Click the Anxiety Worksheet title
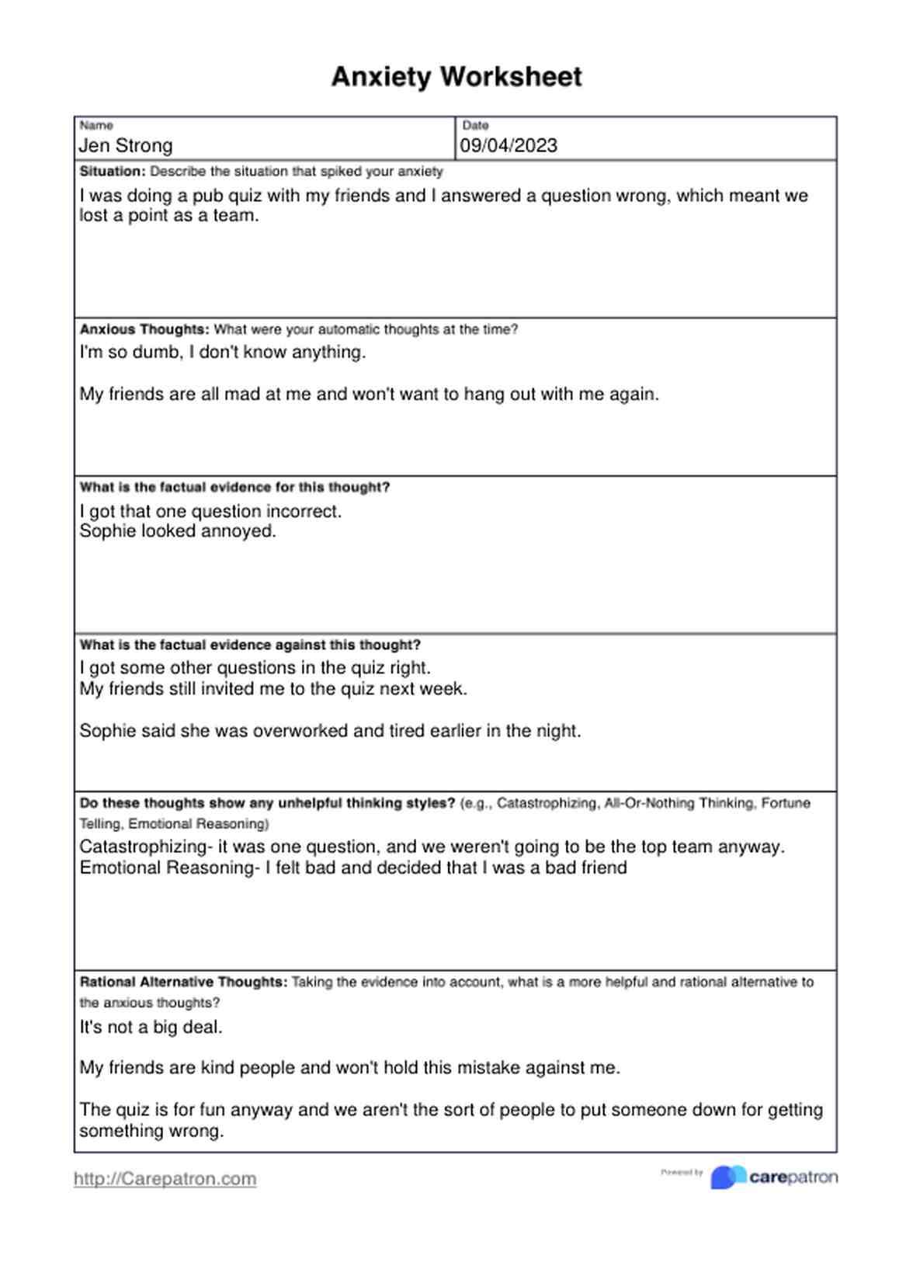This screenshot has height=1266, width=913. (x=456, y=77)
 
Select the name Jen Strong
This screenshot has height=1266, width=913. (x=126, y=146)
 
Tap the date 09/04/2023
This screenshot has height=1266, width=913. (x=509, y=146)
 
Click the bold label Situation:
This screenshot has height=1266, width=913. (x=113, y=172)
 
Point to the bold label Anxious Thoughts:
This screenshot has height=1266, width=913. (x=144, y=329)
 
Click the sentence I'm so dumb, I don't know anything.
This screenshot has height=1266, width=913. (x=223, y=353)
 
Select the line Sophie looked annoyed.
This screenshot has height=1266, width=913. (x=178, y=531)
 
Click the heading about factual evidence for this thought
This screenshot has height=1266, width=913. (x=234, y=488)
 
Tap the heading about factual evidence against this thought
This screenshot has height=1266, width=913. (x=250, y=645)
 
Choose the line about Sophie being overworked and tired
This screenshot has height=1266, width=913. (x=330, y=731)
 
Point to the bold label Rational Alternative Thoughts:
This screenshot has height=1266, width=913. (x=183, y=983)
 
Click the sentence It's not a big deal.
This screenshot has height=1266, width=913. (x=151, y=1028)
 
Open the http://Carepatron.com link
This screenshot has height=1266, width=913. (x=165, y=1179)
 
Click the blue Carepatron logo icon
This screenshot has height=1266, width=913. (x=728, y=1177)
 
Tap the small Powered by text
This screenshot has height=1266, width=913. (x=682, y=1173)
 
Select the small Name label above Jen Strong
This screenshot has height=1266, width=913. (x=96, y=125)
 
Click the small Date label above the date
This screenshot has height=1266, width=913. (x=476, y=125)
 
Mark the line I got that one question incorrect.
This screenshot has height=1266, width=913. (x=210, y=512)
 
